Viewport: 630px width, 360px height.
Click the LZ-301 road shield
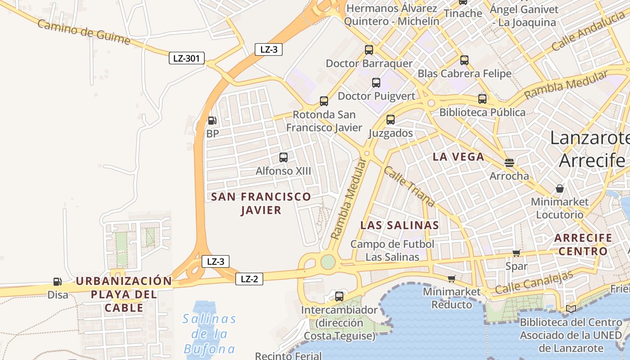coord(187,58)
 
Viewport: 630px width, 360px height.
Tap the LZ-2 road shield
coord(249,279)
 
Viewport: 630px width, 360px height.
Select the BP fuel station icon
coord(212,120)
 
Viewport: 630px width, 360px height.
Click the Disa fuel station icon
coord(57,282)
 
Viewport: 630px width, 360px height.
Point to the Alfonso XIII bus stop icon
coord(283,157)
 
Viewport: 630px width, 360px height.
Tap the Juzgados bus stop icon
coord(391,120)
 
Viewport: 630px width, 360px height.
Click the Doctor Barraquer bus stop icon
coord(369,50)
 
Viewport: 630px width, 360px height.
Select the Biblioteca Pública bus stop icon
coord(482,99)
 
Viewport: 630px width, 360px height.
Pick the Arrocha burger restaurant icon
coord(509,162)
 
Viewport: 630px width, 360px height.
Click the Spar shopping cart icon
coord(516,253)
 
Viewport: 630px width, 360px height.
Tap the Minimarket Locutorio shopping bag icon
coord(560,188)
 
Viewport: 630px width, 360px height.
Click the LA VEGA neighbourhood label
coord(459,157)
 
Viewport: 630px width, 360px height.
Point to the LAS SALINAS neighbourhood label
coord(400,225)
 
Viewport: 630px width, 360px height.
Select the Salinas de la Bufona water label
coord(210,334)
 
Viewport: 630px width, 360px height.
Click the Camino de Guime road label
coord(84,32)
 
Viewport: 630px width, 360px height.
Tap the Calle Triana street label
coord(409,187)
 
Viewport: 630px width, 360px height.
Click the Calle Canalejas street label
coord(534,282)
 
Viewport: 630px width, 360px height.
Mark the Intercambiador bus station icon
coord(339,297)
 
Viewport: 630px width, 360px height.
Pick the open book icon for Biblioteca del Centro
coord(571,309)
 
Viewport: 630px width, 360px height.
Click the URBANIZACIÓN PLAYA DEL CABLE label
coord(124,295)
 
